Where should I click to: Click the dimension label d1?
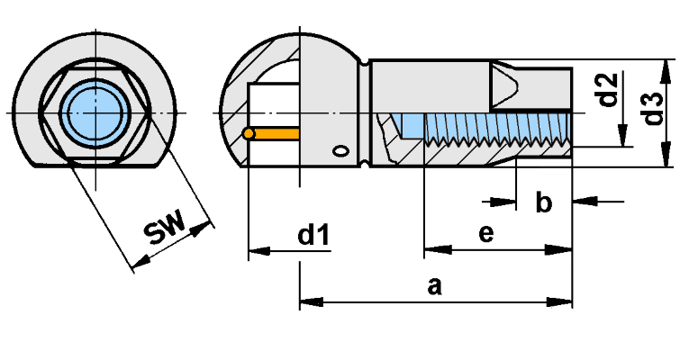point(313,235)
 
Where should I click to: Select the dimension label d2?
point(608,90)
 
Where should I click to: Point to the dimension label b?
point(544,202)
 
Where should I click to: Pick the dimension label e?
point(486,233)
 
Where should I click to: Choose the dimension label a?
point(434,286)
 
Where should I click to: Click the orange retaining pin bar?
point(277,133)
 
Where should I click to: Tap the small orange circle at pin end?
point(249,133)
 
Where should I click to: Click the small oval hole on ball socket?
point(341,151)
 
